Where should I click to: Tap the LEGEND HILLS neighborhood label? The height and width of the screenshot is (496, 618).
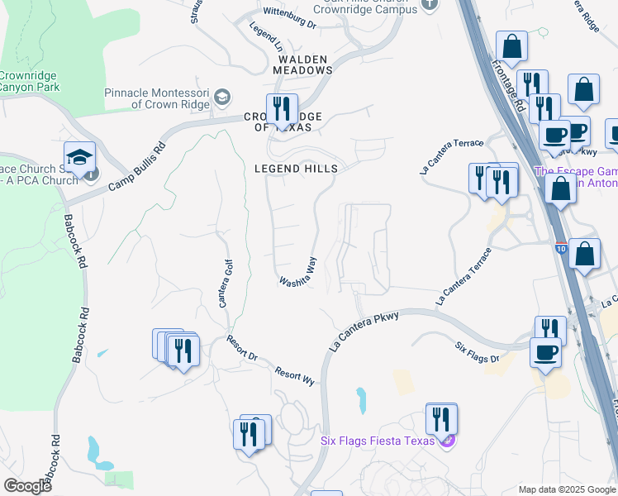[x=297, y=169]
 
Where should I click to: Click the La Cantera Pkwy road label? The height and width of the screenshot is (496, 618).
[x=363, y=331]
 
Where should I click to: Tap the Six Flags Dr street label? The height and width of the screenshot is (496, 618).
[x=478, y=352]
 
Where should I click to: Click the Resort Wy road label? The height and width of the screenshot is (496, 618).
[x=296, y=376]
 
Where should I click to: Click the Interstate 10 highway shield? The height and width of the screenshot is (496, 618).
[x=561, y=247]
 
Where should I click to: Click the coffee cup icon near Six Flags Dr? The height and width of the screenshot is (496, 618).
[x=545, y=351]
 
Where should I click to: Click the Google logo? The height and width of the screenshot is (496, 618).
[x=27, y=486]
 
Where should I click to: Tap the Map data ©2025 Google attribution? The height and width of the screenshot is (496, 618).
[x=567, y=489]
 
